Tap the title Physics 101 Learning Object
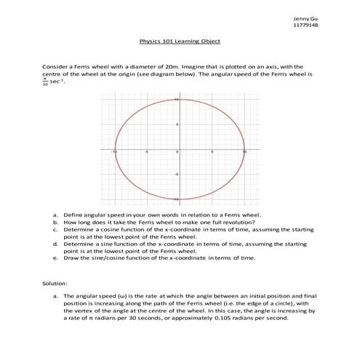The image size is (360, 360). [x=180, y=42]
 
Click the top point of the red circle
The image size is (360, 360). [x=179, y=100]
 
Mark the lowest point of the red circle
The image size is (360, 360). [x=179, y=199]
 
